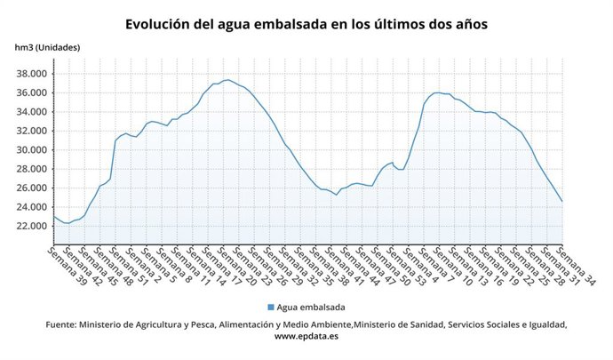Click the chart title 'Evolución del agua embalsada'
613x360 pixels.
click(x=306, y=23)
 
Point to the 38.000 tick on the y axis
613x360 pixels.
click(x=31, y=74)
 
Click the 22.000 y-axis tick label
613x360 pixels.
click(x=31, y=226)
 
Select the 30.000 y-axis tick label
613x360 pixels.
click(x=31, y=150)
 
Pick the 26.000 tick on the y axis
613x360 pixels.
click(x=31, y=188)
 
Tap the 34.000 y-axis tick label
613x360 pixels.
click(x=31, y=112)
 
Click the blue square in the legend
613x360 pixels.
click(x=270, y=307)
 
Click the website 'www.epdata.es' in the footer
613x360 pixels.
click(x=306, y=337)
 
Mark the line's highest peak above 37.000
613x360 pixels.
click(x=227, y=80)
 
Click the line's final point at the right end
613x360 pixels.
click(x=562, y=202)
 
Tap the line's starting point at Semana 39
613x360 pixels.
click(x=53, y=216)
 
